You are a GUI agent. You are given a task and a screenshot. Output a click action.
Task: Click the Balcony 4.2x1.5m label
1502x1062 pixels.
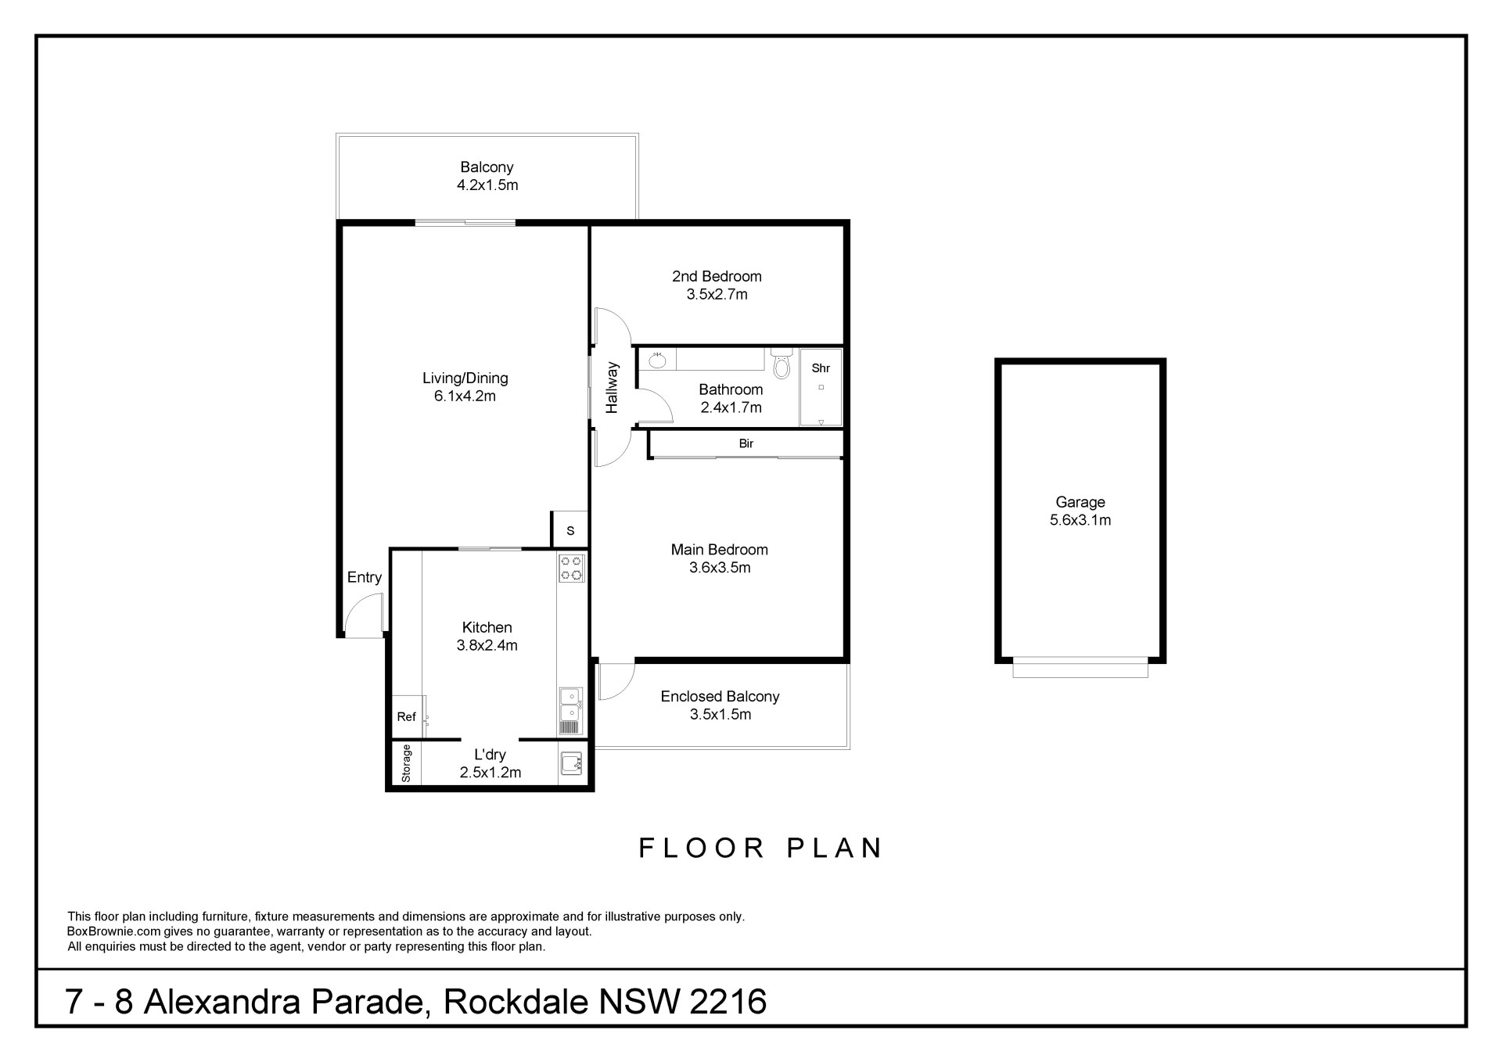click(487, 176)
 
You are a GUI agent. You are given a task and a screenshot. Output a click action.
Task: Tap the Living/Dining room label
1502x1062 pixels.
click(465, 379)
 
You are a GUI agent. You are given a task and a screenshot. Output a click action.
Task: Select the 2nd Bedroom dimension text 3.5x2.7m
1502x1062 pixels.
click(717, 295)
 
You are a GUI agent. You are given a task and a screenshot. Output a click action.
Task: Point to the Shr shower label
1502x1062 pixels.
click(821, 368)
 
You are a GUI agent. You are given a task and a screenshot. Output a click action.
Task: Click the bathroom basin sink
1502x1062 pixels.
click(658, 361)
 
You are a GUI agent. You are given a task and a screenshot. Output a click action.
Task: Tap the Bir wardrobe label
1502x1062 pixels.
click(746, 443)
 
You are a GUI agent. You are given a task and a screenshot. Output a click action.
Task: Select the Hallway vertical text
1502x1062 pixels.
click(612, 387)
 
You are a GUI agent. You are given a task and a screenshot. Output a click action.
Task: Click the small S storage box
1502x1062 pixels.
click(570, 530)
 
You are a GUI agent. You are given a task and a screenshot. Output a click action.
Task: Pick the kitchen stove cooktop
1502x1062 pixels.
click(572, 568)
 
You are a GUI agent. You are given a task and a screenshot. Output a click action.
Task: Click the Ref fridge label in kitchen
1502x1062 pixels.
click(406, 717)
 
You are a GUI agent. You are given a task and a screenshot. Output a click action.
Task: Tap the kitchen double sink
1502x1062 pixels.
click(571, 703)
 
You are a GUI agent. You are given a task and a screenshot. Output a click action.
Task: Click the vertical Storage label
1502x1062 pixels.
click(406, 763)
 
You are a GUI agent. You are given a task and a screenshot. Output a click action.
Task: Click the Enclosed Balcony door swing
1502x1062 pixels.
click(616, 681)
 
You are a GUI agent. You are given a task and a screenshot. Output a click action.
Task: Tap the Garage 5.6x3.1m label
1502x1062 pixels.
click(1080, 511)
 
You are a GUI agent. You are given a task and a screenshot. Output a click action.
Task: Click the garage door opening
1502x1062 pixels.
click(1080, 668)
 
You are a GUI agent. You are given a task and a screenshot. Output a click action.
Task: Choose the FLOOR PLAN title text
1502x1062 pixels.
click(761, 848)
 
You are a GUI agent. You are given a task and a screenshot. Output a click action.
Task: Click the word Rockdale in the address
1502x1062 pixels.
click(516, 1002)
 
